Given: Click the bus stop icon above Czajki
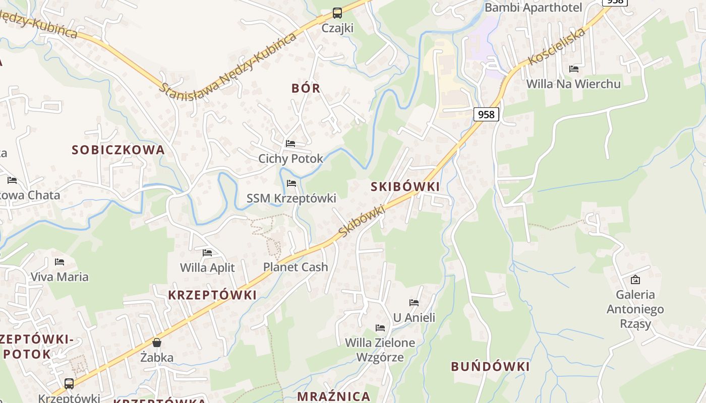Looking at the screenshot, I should click(337, 13).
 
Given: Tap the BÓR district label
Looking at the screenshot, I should click(306, 88).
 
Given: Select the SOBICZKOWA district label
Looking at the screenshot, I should click(119, 150).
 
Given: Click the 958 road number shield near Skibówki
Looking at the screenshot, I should click(486, 114).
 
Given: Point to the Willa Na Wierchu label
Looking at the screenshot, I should click(573, 84).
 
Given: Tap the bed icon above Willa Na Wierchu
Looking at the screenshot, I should click(574, 69).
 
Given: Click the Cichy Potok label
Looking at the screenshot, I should click(290, 159).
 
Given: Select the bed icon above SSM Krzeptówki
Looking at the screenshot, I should click(291, 183).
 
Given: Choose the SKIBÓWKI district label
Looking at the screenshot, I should click(405, 186).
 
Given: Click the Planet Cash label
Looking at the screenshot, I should click(296, 267).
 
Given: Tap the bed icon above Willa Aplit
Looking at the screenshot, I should click(207, 252).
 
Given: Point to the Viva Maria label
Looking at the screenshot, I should click(60, 277).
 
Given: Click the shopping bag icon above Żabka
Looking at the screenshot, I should click(157, 343).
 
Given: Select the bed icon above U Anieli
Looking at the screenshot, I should click(414, 303).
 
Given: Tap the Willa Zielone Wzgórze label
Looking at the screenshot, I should click(380, 350).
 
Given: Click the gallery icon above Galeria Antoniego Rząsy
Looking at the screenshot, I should click(635, 279).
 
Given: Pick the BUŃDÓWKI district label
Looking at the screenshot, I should click(490, 366).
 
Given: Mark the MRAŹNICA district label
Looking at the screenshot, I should click(334, 396).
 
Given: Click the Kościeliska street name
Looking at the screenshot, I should click(557, 46).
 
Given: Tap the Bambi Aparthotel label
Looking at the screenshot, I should click(533, 8).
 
